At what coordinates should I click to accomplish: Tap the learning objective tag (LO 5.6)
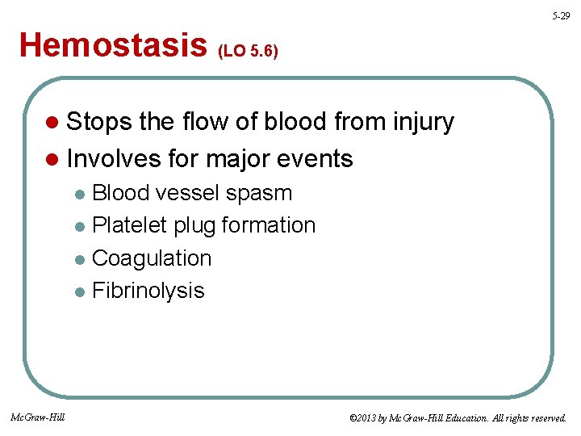tap(249, 51)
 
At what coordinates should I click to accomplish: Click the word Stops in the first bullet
tap(100, 123)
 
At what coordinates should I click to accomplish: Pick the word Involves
tap(116, 158)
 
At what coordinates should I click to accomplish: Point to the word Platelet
tap(133, 225)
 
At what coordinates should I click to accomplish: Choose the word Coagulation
tap(152, 258)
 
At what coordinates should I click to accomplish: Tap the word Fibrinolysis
tap(148, 291)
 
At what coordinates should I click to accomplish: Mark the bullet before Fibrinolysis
tap(80, 291)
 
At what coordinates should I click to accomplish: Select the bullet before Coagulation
tap(80, 259)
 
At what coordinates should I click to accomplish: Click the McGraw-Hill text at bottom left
tap(38, 417)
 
